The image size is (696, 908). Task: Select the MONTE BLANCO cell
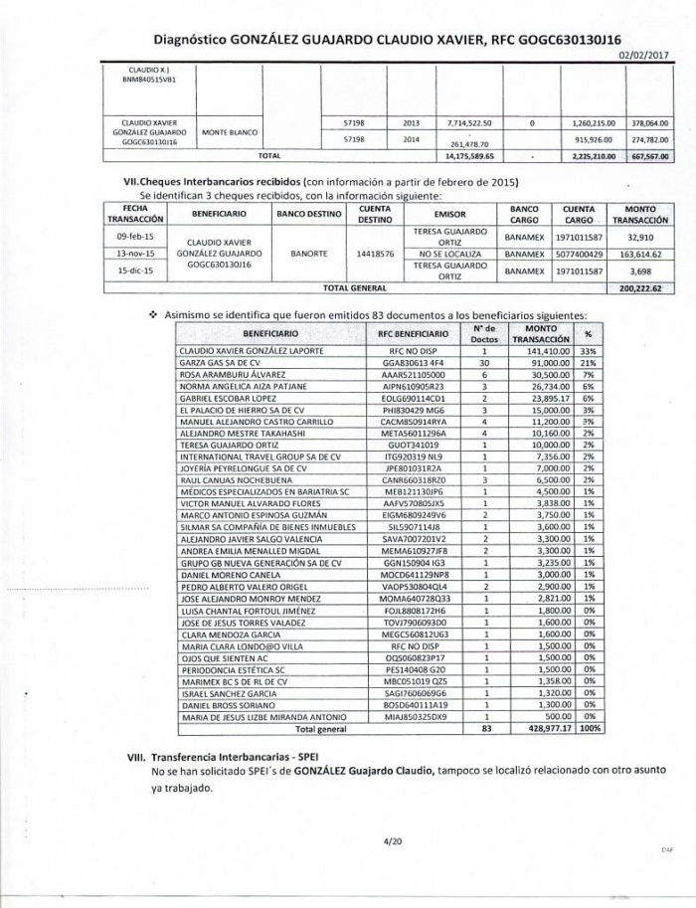231,131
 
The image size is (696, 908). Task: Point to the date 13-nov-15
134,253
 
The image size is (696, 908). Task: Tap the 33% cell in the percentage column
588,351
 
